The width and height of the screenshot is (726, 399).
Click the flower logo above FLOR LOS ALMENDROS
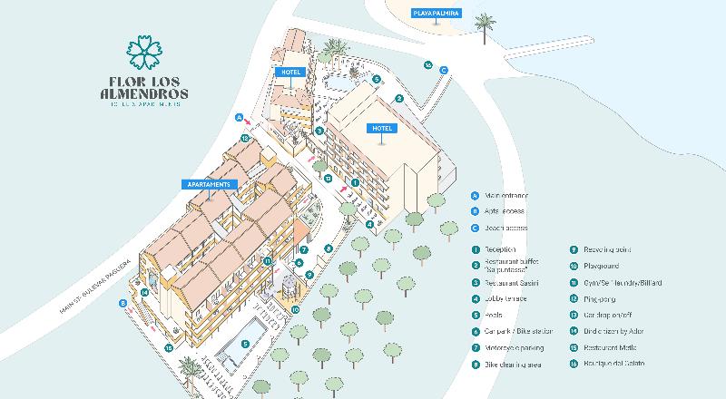144,53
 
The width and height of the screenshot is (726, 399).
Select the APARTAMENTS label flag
211,183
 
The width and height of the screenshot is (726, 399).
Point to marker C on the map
443,70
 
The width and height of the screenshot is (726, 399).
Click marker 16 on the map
427,64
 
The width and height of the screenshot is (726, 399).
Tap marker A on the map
239,117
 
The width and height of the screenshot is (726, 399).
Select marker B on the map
123,304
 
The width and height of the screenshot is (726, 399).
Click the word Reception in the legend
500,249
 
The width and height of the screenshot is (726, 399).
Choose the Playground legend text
601,266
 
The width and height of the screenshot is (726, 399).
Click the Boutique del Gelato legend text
612,364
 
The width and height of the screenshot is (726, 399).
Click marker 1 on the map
355,182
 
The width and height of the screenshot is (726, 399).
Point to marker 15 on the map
168,346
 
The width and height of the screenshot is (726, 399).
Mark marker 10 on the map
295,308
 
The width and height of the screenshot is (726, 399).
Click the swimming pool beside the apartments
243,344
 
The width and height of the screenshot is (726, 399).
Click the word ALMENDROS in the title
145,92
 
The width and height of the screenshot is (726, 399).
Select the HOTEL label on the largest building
380,129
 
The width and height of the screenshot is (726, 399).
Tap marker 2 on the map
398,98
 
